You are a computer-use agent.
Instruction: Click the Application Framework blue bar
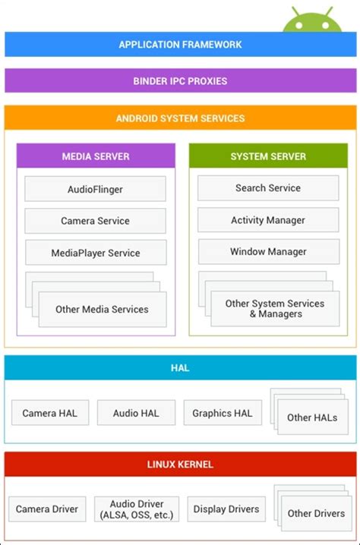tap(180, 44)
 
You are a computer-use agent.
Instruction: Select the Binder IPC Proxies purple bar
tap(180, 80)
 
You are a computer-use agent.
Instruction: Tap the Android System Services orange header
tap(180, 118)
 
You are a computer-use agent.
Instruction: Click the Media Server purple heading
tap(96, 156)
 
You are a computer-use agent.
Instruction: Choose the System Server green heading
tap(268, 156)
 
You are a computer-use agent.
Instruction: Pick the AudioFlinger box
tap(95, 189)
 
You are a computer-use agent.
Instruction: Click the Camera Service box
tap(95, 221)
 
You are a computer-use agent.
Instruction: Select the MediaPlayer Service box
tap(95, 253)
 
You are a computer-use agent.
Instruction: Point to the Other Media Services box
tap(102, 309)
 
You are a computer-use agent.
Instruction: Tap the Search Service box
tap(268, 188)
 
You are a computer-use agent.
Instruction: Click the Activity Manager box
tap(268, 220)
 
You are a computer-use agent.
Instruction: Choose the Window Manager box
tap(268, 251)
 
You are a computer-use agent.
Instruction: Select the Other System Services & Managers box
tap(274, 309)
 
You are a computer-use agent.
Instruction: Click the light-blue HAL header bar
tap(180, 368)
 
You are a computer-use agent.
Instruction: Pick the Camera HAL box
tap(50, 413)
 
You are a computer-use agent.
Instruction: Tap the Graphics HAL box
tap(223, 413)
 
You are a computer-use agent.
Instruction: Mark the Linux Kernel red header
tap(180, 464)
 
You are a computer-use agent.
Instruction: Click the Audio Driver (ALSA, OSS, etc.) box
tap(137, 509)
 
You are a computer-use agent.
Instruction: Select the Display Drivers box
tap(226, 509)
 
